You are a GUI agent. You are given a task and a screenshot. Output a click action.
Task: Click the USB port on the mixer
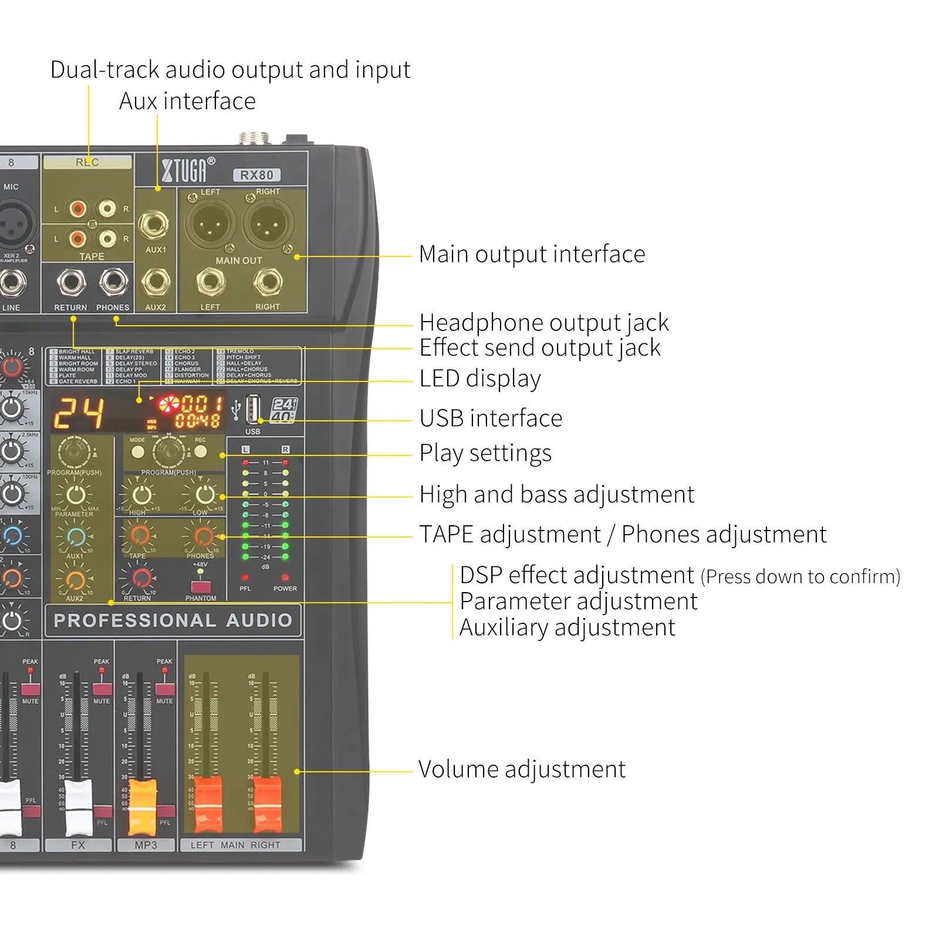253,408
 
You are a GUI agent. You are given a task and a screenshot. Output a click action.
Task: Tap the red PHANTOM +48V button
201,587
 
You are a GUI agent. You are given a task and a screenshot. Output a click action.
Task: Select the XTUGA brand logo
188,170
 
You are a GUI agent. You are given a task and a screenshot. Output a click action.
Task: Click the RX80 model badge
257,175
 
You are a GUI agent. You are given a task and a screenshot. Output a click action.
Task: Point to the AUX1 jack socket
154,224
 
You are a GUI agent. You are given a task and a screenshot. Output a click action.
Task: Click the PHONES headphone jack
113,282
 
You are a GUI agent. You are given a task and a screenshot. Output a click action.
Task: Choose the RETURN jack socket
71,282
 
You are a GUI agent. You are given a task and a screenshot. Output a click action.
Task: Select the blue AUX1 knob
76,536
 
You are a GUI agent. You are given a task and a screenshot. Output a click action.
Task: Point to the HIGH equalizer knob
140,495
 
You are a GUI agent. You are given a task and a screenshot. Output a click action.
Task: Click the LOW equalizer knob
204,495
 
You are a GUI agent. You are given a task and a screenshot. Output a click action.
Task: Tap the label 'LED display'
480,379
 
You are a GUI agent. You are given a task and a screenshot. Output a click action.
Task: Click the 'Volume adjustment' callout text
522,769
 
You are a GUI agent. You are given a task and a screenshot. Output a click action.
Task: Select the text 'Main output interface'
532,255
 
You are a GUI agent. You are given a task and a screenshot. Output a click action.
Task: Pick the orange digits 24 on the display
79,413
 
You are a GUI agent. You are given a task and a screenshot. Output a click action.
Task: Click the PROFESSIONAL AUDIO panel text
173,620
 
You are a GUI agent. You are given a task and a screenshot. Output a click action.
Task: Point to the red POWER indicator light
285,577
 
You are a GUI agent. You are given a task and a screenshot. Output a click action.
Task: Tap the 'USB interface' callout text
491,418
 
